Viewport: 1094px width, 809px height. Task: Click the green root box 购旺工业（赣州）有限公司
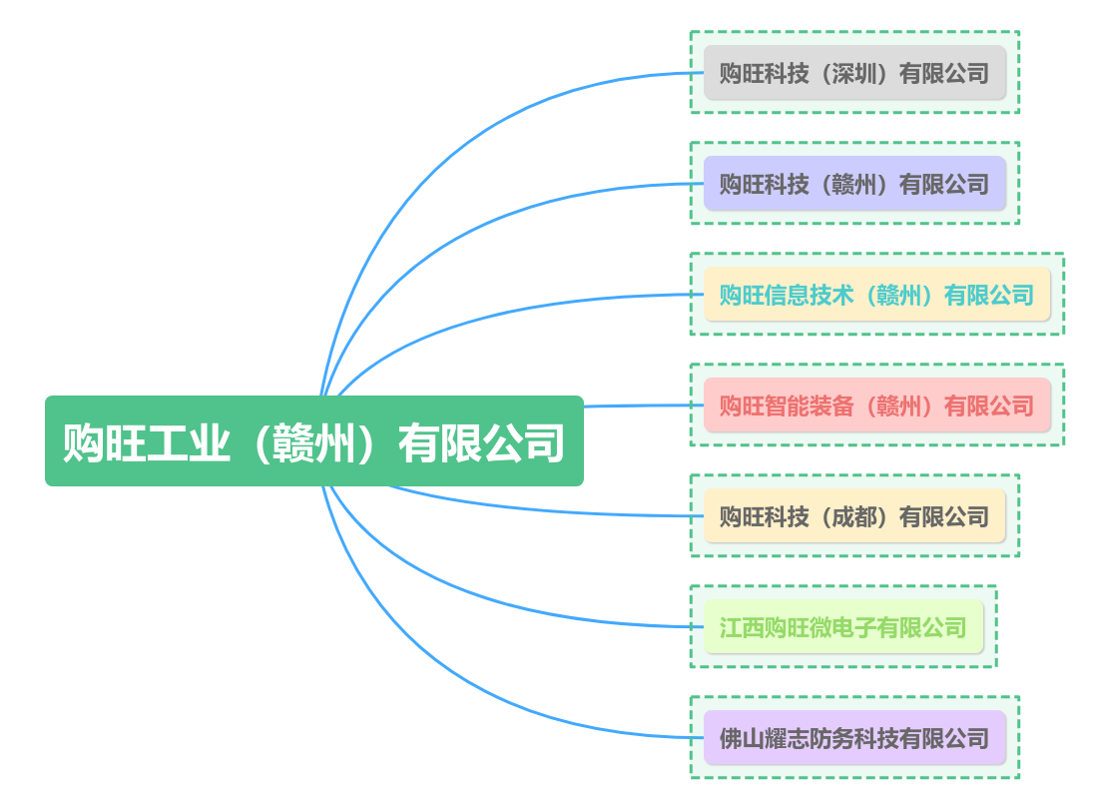(313, 441)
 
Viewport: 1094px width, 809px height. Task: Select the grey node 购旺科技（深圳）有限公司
(854, 73)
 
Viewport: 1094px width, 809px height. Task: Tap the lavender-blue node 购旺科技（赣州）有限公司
(854, 184)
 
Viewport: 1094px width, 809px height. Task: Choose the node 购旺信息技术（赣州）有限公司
(876, 295)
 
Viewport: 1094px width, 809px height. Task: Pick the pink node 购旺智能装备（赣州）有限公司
(876, 405)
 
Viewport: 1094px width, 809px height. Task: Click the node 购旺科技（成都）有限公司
(854, 516)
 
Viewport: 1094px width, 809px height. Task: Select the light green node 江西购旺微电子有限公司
(843, 627)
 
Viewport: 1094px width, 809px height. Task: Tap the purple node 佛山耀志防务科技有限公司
(854, 738)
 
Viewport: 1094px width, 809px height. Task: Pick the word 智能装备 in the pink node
(810, 405)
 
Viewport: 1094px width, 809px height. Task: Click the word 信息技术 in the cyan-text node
(810, 295)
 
